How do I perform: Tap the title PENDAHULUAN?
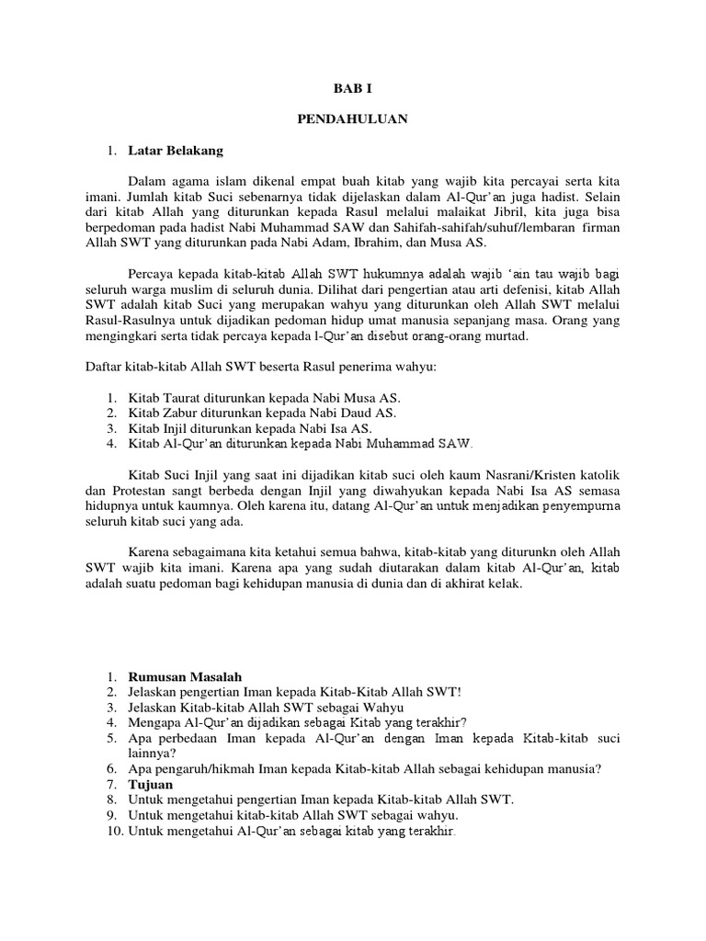[x=353, y=119]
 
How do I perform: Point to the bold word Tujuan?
[x=150, y=784]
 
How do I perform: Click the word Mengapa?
[x=153, y=722]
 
